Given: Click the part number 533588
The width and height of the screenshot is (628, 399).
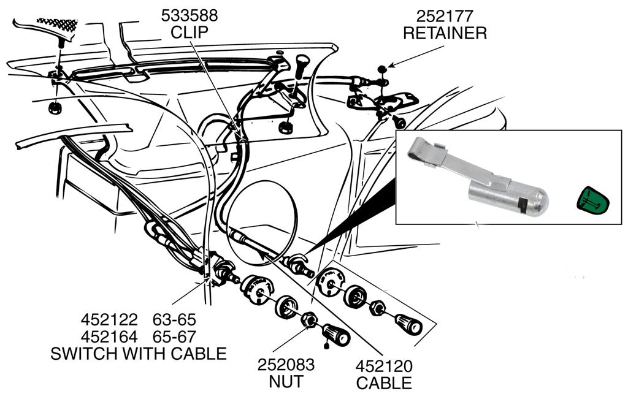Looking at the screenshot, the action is coord(190,15).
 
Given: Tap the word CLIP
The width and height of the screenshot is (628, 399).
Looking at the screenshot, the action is coord(190,32).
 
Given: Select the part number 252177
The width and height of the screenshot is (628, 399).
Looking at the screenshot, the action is coord(445,17).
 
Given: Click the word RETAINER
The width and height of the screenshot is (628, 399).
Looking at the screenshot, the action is coord(445,33).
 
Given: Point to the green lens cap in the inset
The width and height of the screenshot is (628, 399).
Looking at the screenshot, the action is coord(592,199).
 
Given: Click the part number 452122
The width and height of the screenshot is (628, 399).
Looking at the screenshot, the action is coord(109,320).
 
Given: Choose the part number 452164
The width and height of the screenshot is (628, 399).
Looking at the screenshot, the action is coord(109,336).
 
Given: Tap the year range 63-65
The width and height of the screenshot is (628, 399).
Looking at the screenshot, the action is coord(174,320).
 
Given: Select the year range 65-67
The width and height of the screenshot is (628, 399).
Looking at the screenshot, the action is coord(174,336).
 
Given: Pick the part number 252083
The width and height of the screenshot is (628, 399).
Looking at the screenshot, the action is coord(286,365).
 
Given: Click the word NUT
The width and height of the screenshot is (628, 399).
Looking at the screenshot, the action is coord(286,382).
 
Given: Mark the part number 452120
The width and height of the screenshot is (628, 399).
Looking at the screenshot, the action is coord(384,366).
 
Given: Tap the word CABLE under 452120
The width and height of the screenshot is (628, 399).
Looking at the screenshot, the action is coord(384,383).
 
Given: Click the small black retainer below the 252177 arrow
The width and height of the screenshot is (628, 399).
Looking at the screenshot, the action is coord(381,69).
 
